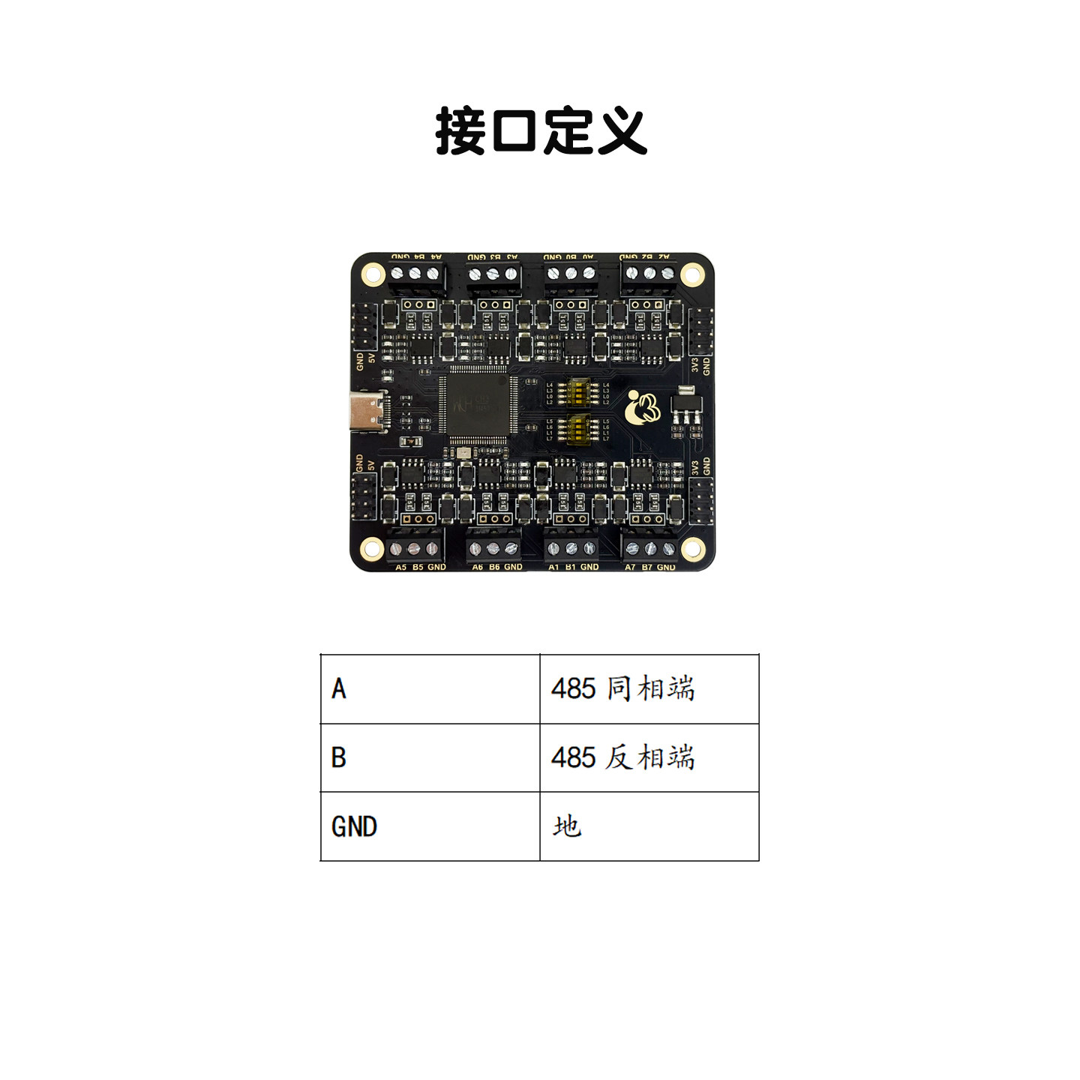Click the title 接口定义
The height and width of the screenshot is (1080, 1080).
coord(540,131)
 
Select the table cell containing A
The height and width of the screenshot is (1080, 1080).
coord(430,688)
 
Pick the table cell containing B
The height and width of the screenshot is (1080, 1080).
coord(430,757)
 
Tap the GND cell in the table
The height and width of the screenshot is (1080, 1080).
coord(430,826)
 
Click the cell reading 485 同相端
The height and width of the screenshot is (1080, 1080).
coord(649,688)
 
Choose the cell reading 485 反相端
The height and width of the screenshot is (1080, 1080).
coord(649,757)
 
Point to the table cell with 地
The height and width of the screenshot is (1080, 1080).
coord(649,826)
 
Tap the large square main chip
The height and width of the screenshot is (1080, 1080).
coord(478,405)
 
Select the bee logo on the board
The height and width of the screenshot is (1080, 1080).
coord(643,407)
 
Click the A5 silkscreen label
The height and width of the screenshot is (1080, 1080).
coord(401,568)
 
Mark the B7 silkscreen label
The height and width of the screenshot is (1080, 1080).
coord(647,568)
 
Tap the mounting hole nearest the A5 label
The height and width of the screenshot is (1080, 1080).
coord(372,549)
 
